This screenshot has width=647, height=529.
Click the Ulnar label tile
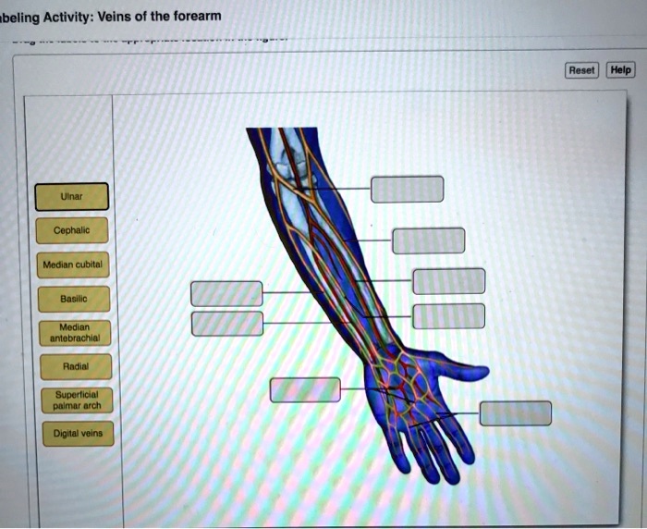click(x=72, y=197)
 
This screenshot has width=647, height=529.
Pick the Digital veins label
click(x=78, y=433)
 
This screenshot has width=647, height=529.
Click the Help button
click(x=620, y=70)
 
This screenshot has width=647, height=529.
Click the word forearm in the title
click(x=194, y=14)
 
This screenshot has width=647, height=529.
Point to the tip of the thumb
click(x=482, y=372)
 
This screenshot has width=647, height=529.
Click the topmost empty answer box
click(x=407, y=189)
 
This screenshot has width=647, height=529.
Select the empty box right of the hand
click(x=515, y=413)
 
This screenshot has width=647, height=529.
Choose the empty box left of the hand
click(x=305, y=389)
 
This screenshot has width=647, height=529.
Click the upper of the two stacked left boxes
click(x=226, y=293)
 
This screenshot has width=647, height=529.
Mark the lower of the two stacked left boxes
click(x=226, y=324)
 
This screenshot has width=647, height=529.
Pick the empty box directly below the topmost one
click(x=428, y=240)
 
